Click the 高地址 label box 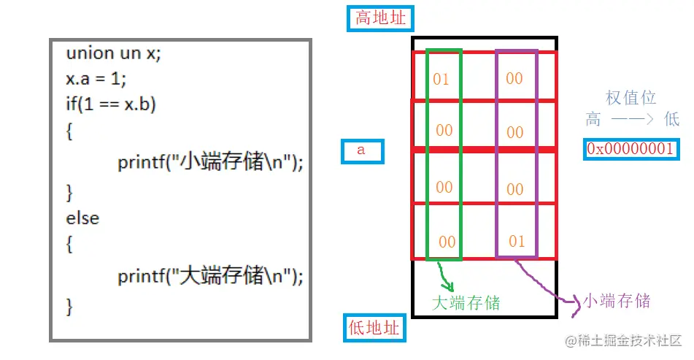pos(379,18)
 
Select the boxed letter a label pos(361,151)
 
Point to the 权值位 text pos(631,97)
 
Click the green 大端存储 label pos(466,302)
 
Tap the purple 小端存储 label pos(614,300)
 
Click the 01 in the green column pos(442,79)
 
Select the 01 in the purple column pos(516,241)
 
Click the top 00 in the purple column pos(514,78)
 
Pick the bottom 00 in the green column pos(447,242)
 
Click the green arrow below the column pos(445,277)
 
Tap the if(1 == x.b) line pos(110,104)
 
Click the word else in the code pos(82,218)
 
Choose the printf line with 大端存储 pos(209,276)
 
